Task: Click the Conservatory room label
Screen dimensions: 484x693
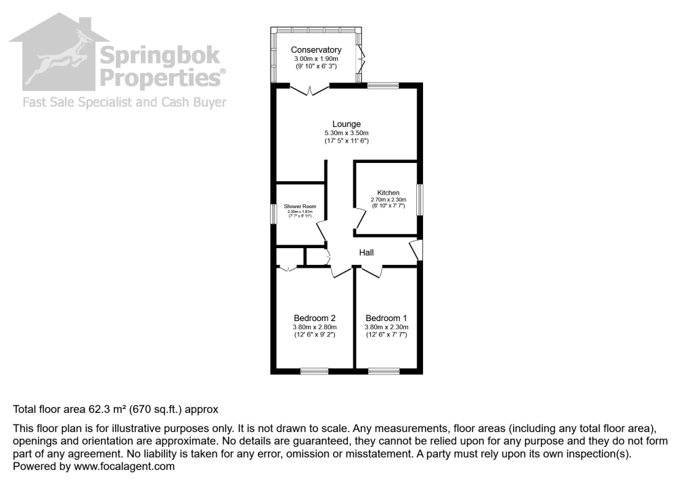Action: (316, 50)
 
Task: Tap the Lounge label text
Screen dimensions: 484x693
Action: (346, 124)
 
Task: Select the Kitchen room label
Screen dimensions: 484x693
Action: (388, 193)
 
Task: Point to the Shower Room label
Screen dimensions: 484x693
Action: (299, 207)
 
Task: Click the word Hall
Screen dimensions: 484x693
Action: (366, 252)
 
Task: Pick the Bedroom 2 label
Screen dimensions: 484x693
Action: (315, 318)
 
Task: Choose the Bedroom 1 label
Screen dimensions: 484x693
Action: (386, 318)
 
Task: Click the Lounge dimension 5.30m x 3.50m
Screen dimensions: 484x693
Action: (346, 133)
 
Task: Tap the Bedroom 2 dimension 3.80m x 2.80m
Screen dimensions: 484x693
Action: (315, 326)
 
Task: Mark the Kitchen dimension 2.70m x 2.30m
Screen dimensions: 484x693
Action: (388, 199)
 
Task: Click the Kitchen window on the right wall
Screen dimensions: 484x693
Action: (420, 200)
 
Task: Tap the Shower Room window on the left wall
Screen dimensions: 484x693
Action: (274, 214)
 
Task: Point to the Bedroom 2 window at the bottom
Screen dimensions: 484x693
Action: (314, 370)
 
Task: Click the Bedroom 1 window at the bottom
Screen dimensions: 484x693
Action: (384, 370)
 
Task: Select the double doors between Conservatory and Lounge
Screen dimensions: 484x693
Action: (309, 89)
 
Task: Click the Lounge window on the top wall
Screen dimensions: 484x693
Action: (383, 85)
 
